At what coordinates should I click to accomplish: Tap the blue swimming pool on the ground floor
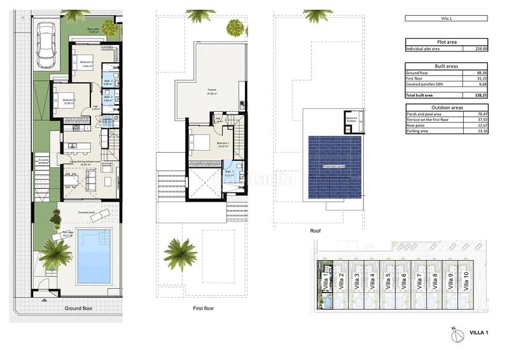point(94,256)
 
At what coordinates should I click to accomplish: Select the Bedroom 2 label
point(87,62)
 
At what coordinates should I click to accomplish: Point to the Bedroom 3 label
point(69,100)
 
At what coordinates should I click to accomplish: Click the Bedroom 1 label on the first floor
point(223,144)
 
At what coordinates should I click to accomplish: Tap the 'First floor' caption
point(203,308)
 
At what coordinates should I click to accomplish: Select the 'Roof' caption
point(316,232)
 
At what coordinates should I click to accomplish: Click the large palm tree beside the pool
point(56,253)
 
